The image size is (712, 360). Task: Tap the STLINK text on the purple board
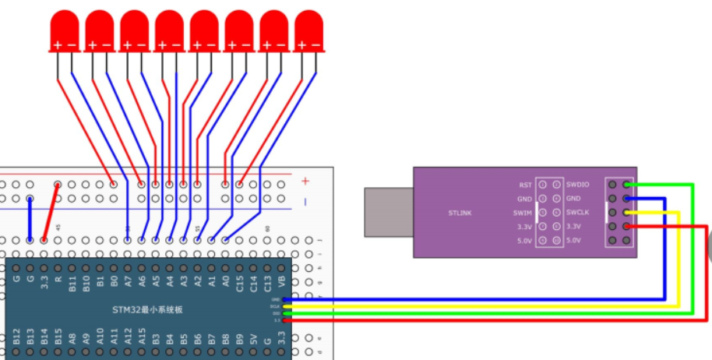[460, 212]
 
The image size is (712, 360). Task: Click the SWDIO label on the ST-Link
[577, 185]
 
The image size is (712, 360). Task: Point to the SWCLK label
[577, 212]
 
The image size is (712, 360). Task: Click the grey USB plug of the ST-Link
[387, 211]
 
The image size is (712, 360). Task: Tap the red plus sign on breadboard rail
[305, 181]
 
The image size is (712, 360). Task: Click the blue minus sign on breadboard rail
[305, 202]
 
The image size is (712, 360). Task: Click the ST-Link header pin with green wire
[627, 185]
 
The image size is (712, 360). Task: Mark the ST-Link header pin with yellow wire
[627, 212]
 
